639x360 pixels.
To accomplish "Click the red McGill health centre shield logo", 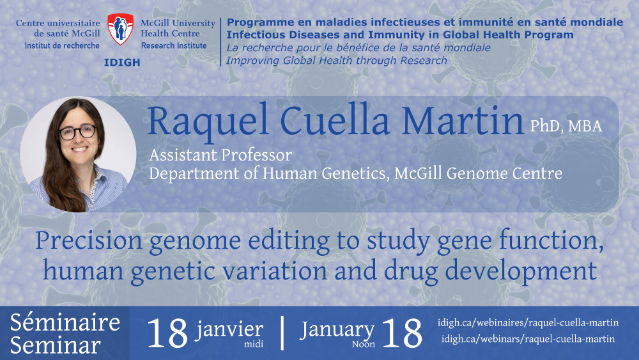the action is pyautogui.click(x=120, y=29).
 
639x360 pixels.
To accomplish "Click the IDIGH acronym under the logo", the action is pyautogui.click(x=122, y=63).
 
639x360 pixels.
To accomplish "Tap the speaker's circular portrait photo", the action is pyautogui.click(x=78, y=155).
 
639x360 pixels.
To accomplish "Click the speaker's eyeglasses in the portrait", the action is pyautogui.click(x=77, y=132).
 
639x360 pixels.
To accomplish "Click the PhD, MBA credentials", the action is pyautogui.click(x=566, y=127).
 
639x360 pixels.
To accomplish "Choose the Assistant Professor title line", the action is pyautogui.click(x=220, y=155).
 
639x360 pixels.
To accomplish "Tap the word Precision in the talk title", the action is pyautogui.click(x=89, y=240).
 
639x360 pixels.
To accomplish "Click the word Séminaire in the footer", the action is pyautogui.click(x=65, y=322).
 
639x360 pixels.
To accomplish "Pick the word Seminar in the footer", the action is pyautogui.click(x=56, y=345).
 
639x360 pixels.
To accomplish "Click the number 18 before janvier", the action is pyautogui.click(x=167, y=334).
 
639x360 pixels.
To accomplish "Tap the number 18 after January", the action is pyautogui.click(x=402, y=334).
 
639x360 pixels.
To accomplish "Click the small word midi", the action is pyautogui.click(x=254, y=345).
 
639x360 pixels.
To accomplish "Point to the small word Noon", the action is pyautogui.click(x=364, y=345).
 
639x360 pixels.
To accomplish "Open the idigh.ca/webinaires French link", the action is pyautogui.click(x=528, y=323).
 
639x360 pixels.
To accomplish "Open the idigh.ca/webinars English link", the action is pyautogui.click(x=528, y=339).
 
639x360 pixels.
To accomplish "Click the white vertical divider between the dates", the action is pyautogui.click(x=282, y=333).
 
